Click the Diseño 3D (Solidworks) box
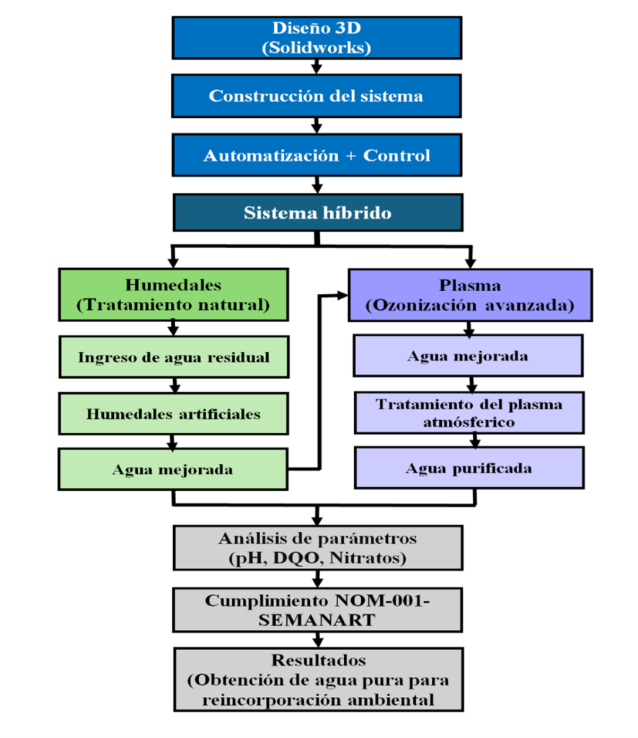click(316, 37)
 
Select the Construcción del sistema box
click(316, 96)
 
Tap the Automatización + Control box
click(316, 155)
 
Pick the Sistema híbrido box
click(316, 213)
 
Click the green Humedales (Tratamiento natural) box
click(173, 294)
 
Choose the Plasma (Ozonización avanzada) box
click(469, 294)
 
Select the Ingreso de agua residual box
click(173, 357)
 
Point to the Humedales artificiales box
click(173, 414)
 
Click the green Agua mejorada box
click(173, 470)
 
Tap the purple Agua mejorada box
click(468, 356)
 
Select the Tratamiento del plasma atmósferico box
click(468, 413)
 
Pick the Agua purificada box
click(468, 468)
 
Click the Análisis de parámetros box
click(317, 547)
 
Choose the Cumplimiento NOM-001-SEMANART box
click(317, 610)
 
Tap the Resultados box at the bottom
click(317, 680)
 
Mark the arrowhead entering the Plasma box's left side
click(343, 295)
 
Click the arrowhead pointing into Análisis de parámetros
click(317, 521)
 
